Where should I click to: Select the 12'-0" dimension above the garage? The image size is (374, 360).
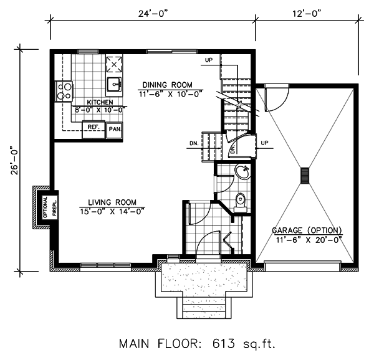[306, 14]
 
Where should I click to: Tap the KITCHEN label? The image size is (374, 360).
[100, 102]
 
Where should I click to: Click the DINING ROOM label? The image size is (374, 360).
[168, 85]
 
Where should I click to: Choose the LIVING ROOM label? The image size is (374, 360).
[112, 202]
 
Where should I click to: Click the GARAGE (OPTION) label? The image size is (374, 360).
[307, 230]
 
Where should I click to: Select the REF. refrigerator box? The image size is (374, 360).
[93, 130]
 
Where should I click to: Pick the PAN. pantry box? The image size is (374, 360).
[115, 130]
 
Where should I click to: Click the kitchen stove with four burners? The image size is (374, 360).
[64, 92]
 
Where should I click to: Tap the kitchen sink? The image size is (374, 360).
[114, 84]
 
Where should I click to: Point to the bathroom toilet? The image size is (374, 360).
[240, 202]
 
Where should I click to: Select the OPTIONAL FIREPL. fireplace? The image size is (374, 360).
[46, 208]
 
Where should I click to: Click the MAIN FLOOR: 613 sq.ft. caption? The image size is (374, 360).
[197, 344]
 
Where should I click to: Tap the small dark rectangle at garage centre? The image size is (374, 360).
[305, 176]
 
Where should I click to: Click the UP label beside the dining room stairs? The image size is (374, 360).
[209, 60]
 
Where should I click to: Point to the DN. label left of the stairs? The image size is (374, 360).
[194, 144]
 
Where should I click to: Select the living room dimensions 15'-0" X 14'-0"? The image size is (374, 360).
[113, 211]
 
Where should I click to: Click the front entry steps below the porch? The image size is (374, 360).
[204, 308]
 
